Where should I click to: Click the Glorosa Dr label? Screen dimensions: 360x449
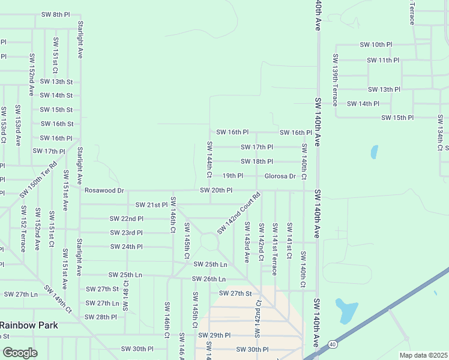click(x=280, y=176)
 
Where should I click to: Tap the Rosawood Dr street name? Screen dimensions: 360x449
click(x=104, y=190)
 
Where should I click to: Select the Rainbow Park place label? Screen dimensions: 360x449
click(x=28, y=325)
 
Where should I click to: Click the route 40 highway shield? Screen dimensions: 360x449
click(x=332, y=344)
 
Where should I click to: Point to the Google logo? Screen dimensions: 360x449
click(x=20, y=352)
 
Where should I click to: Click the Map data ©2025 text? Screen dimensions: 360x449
click(x=424, y=355)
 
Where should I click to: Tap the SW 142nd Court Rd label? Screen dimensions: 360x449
click(x=239, y=213)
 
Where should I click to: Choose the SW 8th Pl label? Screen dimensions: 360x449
click(x=56, y=14)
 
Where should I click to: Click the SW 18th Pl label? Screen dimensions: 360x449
click(x=257, y=161)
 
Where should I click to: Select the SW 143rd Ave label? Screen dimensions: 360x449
click(x=246, y=242)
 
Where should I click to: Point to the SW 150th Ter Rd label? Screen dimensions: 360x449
click(x=38, y=179)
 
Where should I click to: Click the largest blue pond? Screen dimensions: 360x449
click(x=346, y=310)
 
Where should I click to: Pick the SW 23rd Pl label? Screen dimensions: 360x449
click(x=126, y=233)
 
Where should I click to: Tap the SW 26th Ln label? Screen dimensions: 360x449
click(x=209, y=279)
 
